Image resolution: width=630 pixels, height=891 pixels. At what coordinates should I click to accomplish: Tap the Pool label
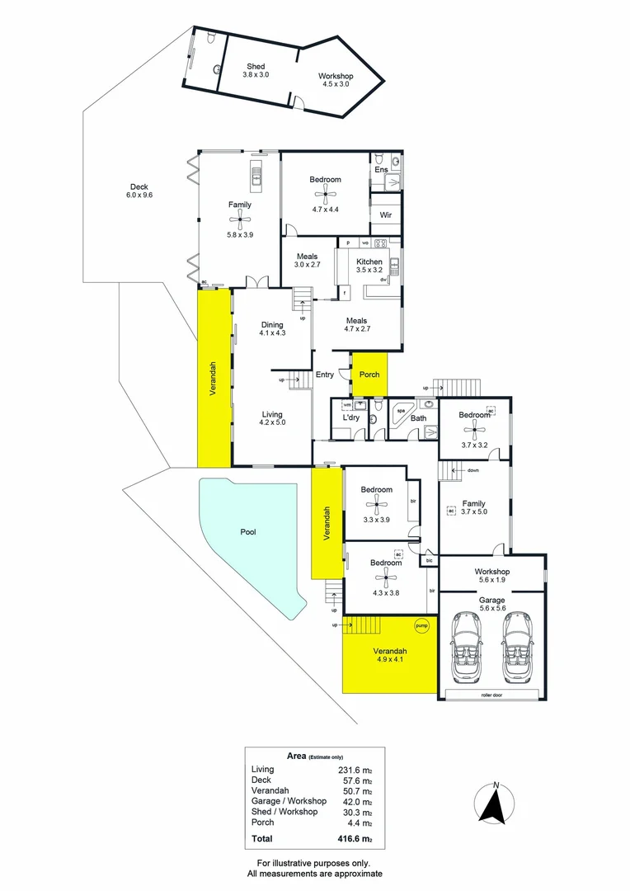tap(247, 532)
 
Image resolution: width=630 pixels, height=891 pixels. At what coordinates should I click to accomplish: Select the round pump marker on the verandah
tap(422, 626)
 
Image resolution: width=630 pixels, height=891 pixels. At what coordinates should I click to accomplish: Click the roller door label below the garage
tap(492, 695)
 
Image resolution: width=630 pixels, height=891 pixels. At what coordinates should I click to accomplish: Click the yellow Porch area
tap(369, 374)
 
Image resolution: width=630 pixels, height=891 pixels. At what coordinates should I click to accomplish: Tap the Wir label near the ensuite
tap(385, 215)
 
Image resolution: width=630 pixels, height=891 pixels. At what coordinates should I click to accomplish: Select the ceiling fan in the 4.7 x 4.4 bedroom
tap(325, 194)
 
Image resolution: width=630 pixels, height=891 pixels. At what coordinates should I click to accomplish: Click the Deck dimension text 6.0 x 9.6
tap(139, 195)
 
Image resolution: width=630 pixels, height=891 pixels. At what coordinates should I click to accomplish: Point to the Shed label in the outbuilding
tap(256, 66)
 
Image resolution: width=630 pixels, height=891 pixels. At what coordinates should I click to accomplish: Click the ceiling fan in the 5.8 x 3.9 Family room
tap(240, 219)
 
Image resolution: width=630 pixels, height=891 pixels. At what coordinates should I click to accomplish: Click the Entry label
tap(325, 375)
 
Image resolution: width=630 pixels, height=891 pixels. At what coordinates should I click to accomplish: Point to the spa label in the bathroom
tap(402, 408)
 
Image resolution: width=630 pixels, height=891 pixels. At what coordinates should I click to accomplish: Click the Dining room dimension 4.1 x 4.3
tap(272, 333)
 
